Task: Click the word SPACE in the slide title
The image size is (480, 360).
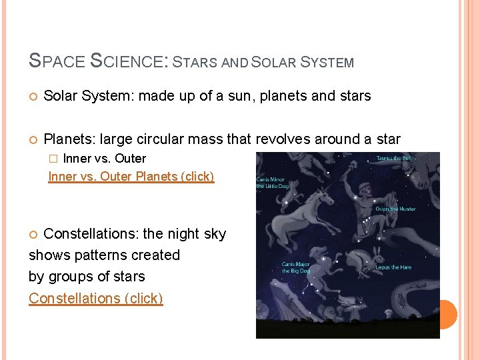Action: (x=57, y=61)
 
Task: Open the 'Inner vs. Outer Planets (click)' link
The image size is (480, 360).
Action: (x=131, y=177)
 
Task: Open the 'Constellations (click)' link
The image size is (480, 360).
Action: (x=95, y=298)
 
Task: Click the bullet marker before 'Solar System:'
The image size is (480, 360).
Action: (x=32, y=97)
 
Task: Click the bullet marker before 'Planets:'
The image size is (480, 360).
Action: (x=32, y=139)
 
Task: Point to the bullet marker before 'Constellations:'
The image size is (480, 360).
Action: (x=33, y=235)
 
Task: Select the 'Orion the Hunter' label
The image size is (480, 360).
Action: (x=395, y=209)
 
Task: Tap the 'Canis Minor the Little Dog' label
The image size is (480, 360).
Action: (x=271, y=182)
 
